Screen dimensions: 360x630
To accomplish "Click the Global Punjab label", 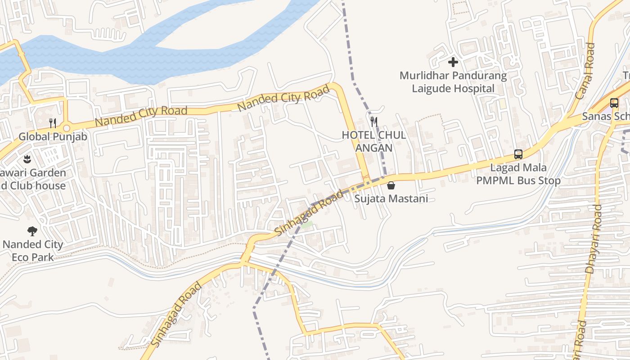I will pyautogui.click(x=53, y=136).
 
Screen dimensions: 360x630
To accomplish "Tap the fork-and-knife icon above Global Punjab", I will pyautogui.click(x=53, y=123).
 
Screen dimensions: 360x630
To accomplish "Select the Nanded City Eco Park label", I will pyautogui.click(x=33, y=251).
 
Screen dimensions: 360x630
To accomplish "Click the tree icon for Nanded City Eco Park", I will pyautogui.click(x=32, y=231).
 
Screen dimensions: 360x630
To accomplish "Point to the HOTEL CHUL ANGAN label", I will pyautogui.click(x=373, y=141).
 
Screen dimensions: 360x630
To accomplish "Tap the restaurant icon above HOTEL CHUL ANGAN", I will pyautogui.click(x=373, y=121).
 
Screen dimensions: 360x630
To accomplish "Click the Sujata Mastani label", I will pyautogui.click(x=391, y=198).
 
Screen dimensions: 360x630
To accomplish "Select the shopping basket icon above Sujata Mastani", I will pyautogui.click(x=391, y=185).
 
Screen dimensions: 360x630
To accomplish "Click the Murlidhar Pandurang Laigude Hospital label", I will pyautogui.click(x=453, y=82).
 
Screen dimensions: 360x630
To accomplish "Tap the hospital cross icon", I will pyautogui.click(x=453, y=62).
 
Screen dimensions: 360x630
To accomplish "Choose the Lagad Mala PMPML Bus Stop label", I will pyautogui.click(x=518, y=174).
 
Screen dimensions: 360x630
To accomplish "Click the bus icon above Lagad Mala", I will pyautogui.click(x=518, y=154).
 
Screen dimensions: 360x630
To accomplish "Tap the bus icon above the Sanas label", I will pyautogui.click(x=614, y=103).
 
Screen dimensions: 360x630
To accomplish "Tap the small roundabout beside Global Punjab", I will pyautogui.click(x=67, y=128).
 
